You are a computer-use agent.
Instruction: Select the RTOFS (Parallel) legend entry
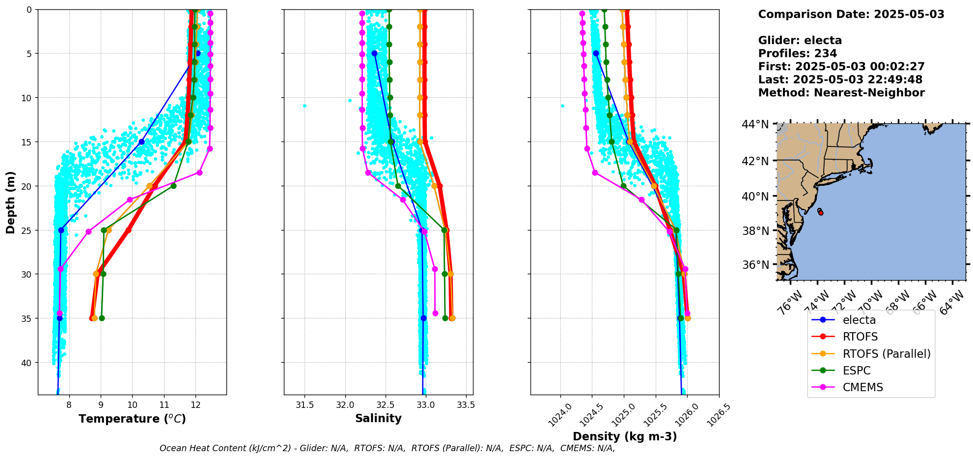886,354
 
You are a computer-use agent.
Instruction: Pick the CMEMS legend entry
862,387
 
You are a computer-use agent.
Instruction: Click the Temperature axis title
132,419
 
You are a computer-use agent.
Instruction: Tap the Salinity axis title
378,418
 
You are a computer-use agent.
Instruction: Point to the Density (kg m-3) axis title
625,436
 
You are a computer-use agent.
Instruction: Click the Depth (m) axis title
11,202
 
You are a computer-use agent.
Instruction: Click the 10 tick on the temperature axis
132,405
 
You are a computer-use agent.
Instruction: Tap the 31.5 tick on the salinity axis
305,405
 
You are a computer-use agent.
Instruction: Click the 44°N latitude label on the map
755,124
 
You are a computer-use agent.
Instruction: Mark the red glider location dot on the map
821,213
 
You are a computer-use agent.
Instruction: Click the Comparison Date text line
851,14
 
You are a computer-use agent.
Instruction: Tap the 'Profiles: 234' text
797,54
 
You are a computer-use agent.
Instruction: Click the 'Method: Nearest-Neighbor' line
841,93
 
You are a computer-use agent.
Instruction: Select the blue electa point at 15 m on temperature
141,142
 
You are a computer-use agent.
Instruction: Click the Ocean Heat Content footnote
387,448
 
